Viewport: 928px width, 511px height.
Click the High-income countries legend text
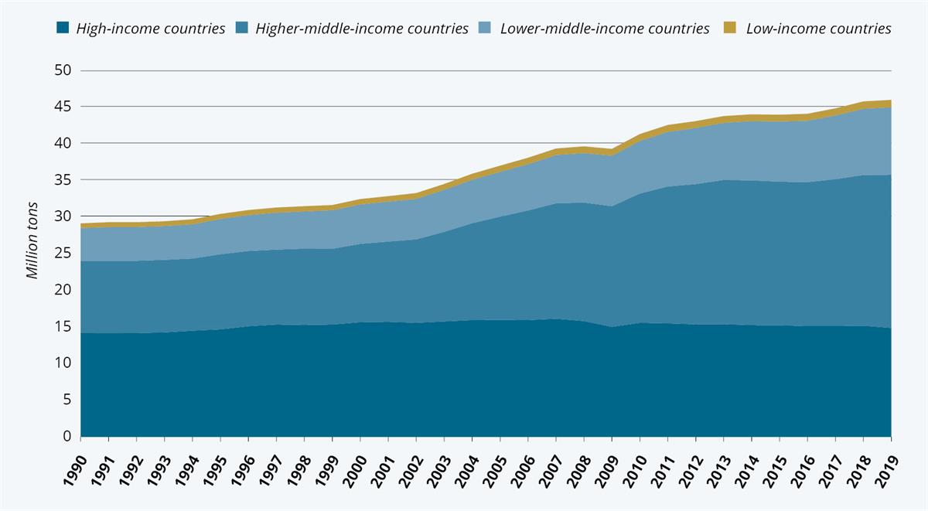point(150,29)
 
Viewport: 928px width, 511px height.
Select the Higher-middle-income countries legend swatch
point(242,29)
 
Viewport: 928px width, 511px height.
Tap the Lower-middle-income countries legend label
point(604,29)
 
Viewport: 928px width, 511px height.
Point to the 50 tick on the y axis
point(63,70)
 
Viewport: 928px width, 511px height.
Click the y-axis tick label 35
point(63,180)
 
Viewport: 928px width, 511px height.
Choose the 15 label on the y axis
point(63,327)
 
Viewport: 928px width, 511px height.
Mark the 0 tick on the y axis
point(67,437)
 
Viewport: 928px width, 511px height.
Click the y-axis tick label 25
point(63,254)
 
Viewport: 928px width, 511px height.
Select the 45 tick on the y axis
point(63,107)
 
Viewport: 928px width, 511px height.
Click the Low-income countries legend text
point(818,29)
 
